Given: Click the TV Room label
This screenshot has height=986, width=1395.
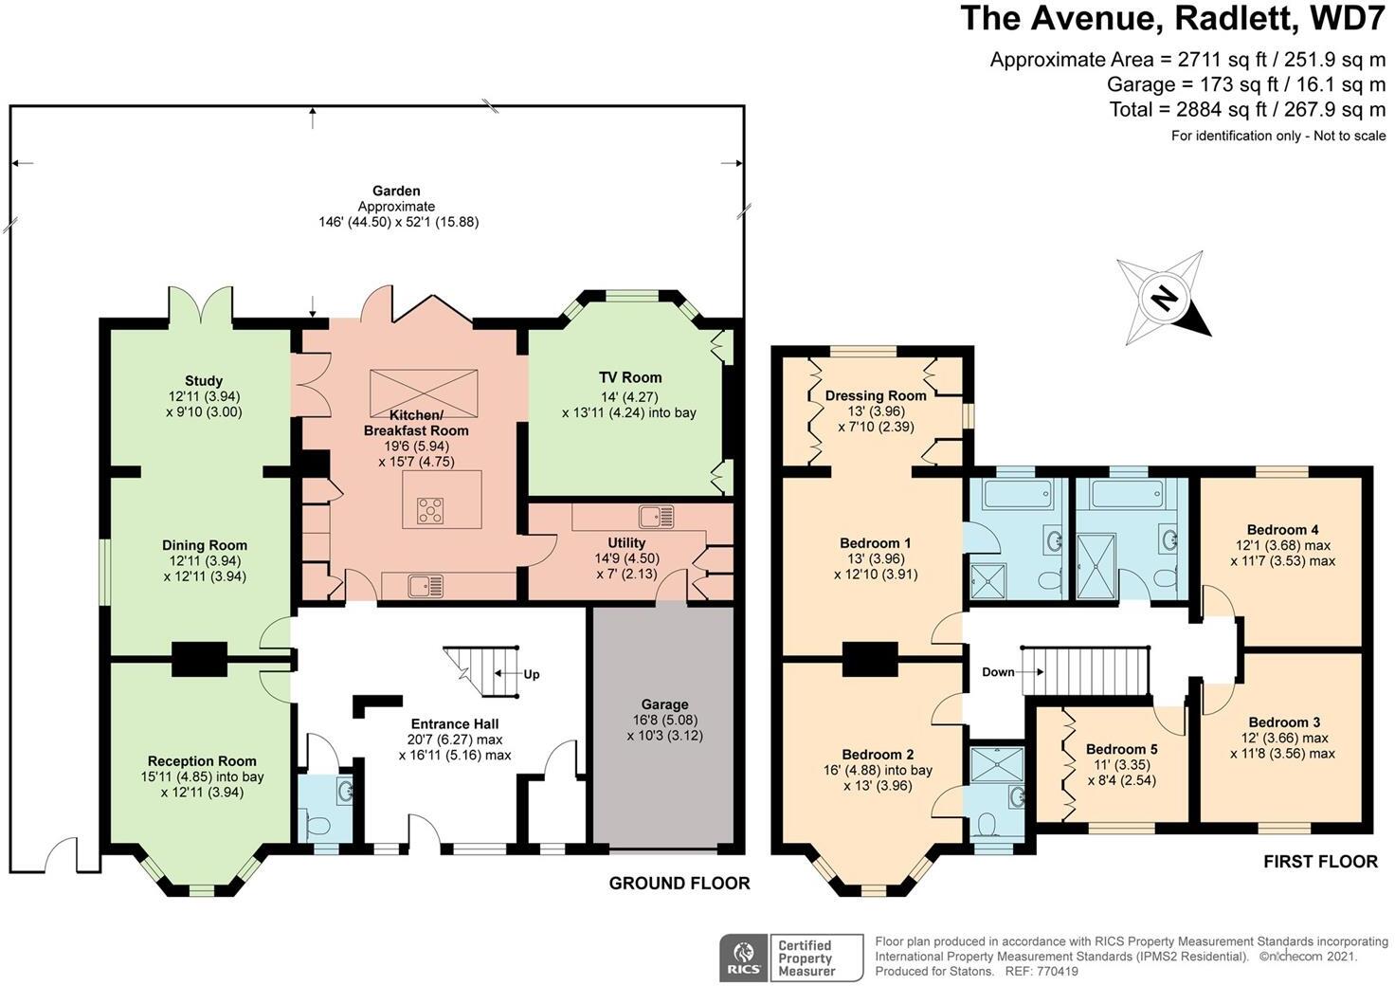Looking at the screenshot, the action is (x=630, y=377).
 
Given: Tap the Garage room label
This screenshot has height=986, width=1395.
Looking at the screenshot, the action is (x=664, y=704).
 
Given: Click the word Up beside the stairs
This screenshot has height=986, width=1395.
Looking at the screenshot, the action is (x=532, y=675).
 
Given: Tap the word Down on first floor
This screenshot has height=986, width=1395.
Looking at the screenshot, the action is (x=998, y=672).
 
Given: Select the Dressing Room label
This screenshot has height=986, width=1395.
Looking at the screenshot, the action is (x=876, y=395).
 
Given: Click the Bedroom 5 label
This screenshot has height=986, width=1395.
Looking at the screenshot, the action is (x=1122, y=749).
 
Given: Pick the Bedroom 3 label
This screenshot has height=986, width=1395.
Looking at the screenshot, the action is (x=1284, y=722).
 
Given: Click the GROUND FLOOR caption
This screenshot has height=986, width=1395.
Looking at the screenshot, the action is (x=679, y=884).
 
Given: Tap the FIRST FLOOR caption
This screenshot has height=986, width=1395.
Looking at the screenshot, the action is (x=1320, y=862).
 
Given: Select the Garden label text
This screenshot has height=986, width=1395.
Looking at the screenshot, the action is (x=396, y=192).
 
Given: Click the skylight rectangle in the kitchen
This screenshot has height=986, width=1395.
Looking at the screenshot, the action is (x=424, y=393).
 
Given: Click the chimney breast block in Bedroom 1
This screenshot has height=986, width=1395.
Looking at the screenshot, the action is (x=870, y=660).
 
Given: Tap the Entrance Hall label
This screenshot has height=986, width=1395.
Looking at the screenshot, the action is (x=455, y=724).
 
